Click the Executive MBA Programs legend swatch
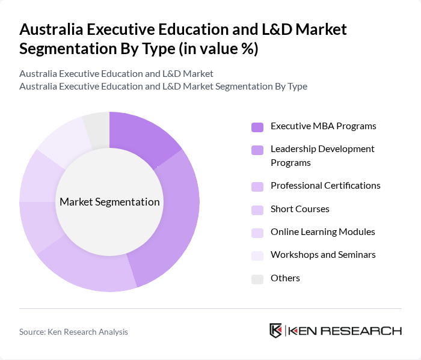tap(257, 127)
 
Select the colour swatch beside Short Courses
tap(257, 210)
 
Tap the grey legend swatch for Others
tap(257, 279)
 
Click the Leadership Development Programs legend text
tap(322, 155)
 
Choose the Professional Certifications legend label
tap(325, 185)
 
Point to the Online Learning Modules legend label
tap(322, 231)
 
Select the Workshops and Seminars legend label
tap(323, 254)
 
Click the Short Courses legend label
tap(300, 209)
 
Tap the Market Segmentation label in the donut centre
tap(109, 202)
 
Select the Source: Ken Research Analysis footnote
tap(74, 332)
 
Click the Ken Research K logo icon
tap(276, 331)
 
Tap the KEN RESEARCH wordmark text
tap(345, 331)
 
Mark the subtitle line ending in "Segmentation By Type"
tap(163, 86)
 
